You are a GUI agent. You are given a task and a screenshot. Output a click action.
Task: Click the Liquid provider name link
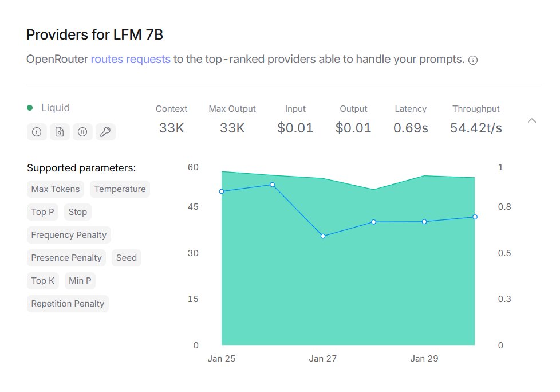56,108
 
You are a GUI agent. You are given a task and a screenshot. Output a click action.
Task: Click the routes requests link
131,59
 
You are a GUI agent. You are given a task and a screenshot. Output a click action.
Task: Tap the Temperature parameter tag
120,189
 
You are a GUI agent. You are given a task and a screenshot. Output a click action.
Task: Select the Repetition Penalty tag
68,304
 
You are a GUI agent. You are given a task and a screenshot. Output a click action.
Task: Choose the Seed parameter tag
127,258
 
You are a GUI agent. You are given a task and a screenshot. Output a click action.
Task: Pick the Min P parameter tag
80,281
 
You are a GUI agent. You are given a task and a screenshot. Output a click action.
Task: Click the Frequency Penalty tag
69,235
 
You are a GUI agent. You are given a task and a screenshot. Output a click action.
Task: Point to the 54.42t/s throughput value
476,128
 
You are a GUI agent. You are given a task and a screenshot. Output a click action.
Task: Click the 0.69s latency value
411,128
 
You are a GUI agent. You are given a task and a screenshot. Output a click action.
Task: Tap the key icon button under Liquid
105,132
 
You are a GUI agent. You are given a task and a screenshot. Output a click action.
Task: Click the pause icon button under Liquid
82,132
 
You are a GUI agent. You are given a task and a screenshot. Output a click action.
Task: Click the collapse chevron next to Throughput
532,120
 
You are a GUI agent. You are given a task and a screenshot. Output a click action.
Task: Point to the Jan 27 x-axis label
323,359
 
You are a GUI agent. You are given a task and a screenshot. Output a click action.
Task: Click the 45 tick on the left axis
193,207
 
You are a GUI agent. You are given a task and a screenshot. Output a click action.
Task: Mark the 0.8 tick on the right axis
504,207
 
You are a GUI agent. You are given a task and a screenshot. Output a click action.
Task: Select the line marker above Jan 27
323,236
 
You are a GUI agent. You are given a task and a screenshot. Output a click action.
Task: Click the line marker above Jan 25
222,191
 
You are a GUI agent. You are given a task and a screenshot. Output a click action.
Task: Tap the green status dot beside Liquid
30,108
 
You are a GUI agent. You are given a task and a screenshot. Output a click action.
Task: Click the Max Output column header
232,109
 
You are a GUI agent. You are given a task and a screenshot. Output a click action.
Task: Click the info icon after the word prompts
473,60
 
